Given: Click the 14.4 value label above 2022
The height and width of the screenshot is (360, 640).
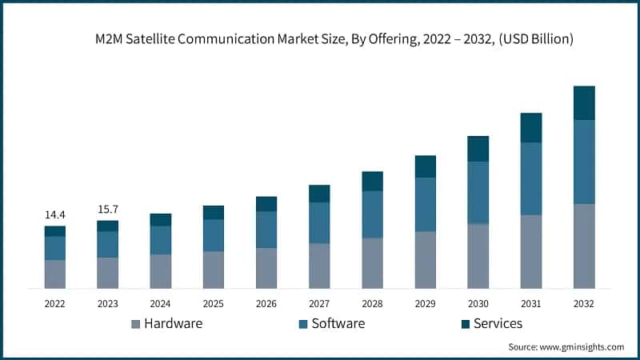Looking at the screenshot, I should pyautogui.click(x=54, y=215).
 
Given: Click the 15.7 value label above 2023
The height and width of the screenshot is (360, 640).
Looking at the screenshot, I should pyautogui.click(x=107, y=210).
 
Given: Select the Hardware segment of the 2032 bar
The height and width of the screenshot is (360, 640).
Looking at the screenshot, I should pyautogui.click(x=584, y=246).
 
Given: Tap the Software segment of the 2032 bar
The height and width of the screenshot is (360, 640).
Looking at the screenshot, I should pyautogui.click(x=584, y=162).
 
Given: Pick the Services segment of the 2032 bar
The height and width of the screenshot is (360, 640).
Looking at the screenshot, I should pyautogui.click(x=584, y=102).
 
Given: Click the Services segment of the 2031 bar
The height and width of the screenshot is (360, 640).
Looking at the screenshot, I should pyautogui.click(x=531, y=127).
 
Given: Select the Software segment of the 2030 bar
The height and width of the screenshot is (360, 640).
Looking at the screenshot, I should pyautogui.click(x=478, y=192).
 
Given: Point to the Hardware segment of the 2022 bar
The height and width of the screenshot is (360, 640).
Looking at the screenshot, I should pyautogui.click(x=54, y=274).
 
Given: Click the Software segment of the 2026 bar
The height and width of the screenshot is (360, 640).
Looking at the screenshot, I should pyautogui.click(x=266, y=230).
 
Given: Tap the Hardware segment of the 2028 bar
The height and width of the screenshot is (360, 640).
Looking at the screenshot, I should pyautogui.click(x=372, y=262).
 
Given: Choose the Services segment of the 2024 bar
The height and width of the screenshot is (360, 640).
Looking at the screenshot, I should pyautogui.click(x=161, y=219).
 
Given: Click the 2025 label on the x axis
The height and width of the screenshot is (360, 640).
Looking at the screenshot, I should pyautogui.click(x=214, y=304).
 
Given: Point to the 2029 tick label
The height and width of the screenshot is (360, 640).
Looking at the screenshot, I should pyautogui.click(x=425, y=304).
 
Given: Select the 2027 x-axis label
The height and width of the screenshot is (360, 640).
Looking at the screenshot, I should pyautogui.click(x=319, y=304).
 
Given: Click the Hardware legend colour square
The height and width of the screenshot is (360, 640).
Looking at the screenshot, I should pyautogui.click(x=134, y=324).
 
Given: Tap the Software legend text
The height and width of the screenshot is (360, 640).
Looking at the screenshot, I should pyautogui.click(x=338, y=323).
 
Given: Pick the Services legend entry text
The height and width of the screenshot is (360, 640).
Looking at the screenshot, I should pyautogui.click(x=497, y=323).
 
